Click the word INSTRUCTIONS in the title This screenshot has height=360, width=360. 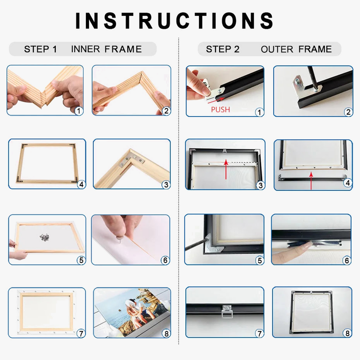click(175, 21)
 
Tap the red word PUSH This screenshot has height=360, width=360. click(220, 109)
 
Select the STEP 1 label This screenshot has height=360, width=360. click(40, 49)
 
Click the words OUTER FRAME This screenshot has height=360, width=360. click(296, 49)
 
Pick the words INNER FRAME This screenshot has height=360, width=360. click(107, 49)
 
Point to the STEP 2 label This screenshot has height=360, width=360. click(223, 49)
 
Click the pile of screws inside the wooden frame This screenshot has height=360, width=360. click(44, 238)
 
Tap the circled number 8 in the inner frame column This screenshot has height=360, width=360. click(166, 333)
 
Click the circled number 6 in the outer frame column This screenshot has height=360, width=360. click(347, 261)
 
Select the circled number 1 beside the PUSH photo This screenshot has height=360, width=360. click(260, 112)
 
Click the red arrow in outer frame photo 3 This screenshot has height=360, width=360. click(226, 170)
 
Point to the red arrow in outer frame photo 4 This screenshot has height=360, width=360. click(311, 181)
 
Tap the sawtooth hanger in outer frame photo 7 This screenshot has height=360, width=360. click(227, 311)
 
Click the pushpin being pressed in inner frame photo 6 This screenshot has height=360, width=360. click(119, 240)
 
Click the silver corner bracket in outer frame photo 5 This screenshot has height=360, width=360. click(212, 243)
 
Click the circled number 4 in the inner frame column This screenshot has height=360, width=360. click(81, 184)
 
